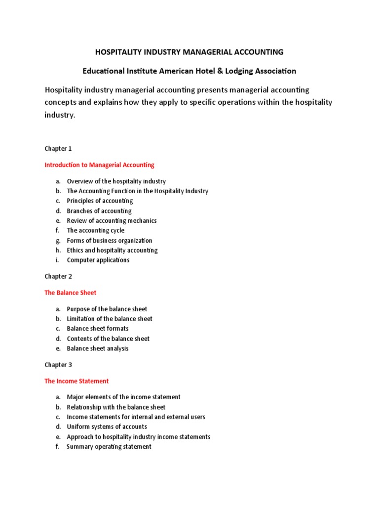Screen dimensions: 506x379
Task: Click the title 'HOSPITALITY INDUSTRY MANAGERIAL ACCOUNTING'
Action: [x=189, y=52]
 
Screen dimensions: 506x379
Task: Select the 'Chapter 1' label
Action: [x=58, y=149]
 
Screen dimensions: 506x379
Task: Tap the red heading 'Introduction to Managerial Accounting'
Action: [x=99, y=165]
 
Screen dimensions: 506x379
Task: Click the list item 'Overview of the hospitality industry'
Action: [x=116, y=181]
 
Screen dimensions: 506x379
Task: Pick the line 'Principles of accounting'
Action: [x=100, y=201]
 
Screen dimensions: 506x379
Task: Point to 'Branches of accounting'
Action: [x=99, y=211]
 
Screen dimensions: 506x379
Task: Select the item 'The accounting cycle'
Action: [x=96, y=230]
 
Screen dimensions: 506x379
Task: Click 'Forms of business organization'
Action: [x=110, y=241]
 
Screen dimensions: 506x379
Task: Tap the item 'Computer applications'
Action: [x=98, y=260]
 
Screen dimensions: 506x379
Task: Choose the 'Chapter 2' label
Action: [x=58, y=277]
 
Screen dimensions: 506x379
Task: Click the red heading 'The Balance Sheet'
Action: [x=71, y=293]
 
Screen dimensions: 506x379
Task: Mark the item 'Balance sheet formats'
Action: [x=98, y=329]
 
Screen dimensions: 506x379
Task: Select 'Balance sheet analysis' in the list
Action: [x=98, y=348]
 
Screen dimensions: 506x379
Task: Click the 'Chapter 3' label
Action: [x=58, y=365]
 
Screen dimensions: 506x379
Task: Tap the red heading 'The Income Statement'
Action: [x=76, y=381]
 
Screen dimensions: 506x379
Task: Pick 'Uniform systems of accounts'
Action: [x=107, y=427]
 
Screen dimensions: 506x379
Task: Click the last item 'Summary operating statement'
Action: [x=109, y=447]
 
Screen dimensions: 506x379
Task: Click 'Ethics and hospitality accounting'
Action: [x=113, y=251]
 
